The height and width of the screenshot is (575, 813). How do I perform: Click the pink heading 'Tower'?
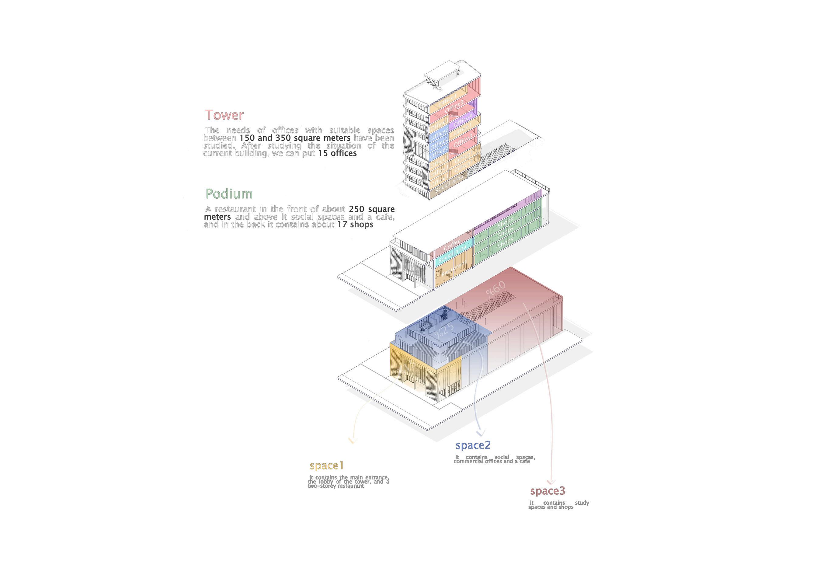(224, 115)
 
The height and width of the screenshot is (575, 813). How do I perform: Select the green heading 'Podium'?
(229, 194)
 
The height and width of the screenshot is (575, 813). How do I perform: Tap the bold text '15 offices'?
(337, 153)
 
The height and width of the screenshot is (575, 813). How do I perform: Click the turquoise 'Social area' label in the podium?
(452, 254)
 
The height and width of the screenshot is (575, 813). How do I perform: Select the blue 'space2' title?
(473, 445)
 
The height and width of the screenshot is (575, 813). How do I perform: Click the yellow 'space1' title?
(326, 465)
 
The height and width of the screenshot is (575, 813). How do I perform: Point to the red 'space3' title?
(547, 491)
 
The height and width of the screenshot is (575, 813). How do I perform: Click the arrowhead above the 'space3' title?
(551, 482)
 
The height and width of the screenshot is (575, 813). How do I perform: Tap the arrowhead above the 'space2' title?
(481, 433)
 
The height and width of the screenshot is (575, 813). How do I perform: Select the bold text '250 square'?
(371, 209)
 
